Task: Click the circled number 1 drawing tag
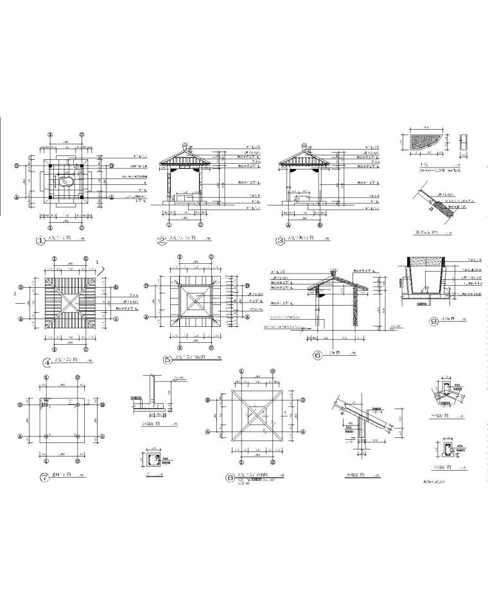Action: point(40,242)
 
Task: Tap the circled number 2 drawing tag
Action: point(161,241)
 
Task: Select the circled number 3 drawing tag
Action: point(280,242)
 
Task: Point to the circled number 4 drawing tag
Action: point(47,362)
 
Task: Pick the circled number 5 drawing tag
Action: point(167,360)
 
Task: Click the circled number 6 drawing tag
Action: point(317,354)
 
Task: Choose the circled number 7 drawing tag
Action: point(44,478)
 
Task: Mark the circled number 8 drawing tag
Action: point(230,477)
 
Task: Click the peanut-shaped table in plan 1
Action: point(65,182)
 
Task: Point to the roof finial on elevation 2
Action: point(184,145)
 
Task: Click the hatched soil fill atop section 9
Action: point(423,261)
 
